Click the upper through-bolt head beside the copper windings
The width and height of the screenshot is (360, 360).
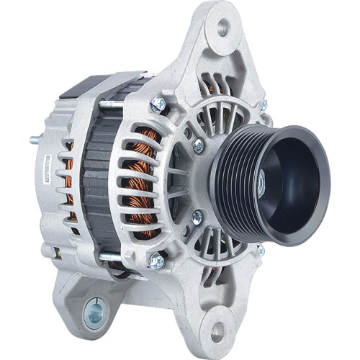click(x=158, y=104)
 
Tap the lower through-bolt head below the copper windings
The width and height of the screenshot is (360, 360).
click(x=156, y=261)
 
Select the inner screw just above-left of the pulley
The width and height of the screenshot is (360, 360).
click(x=198, y=145)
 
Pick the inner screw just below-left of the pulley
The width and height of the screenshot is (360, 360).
click(x=197, y=215)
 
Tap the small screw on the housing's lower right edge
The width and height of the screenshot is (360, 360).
click(x=261, y=251)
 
